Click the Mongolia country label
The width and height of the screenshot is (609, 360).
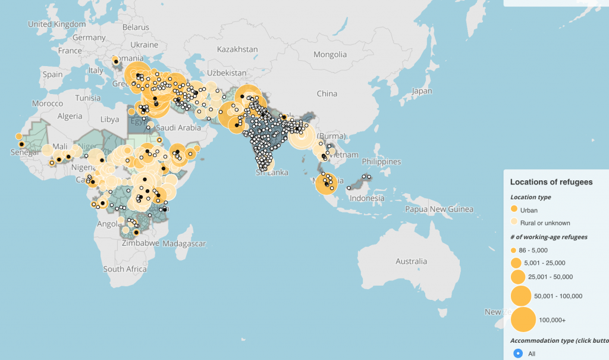[330, 54]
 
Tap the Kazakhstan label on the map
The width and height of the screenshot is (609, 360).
[237, 49]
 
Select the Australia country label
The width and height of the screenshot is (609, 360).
[412, 261]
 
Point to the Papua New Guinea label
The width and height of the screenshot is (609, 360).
[440, 209]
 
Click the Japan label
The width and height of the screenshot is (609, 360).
[422, 91]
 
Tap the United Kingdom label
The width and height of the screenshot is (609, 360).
[57, 24]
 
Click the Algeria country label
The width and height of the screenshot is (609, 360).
[69, 116]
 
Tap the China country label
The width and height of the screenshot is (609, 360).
[327, 93]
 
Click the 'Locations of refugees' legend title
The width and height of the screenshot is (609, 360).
[551, 182]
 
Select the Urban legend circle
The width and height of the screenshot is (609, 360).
[514, 210]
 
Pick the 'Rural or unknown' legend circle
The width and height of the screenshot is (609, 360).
[514, 223]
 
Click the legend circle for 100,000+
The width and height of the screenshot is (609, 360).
[523, 320]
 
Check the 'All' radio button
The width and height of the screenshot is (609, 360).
[518, 353]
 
